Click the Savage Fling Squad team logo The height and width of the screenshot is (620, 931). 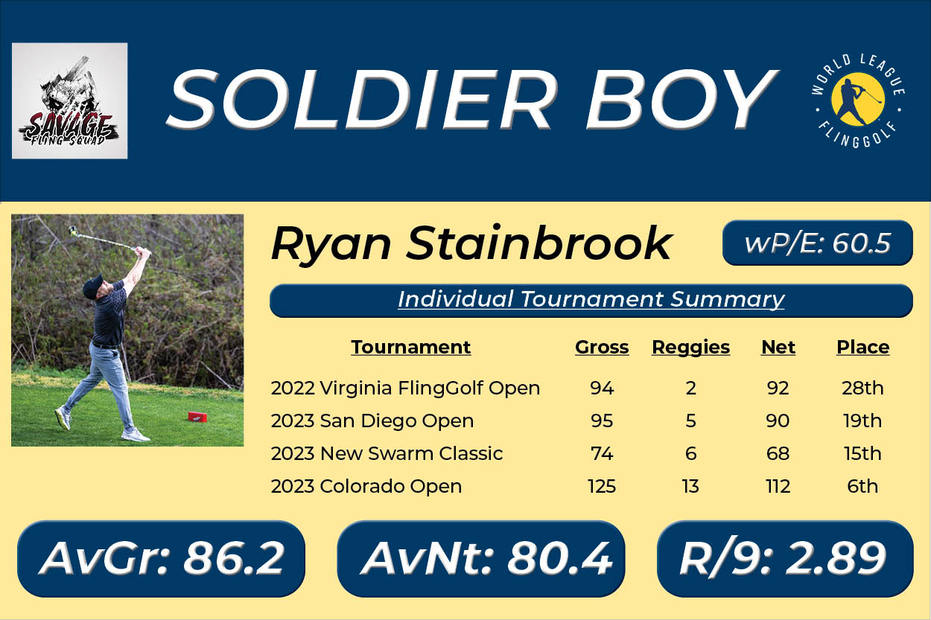click(69, 101)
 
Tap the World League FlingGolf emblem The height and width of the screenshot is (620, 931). click(858, 101)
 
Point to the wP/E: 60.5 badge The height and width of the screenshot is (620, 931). click(818, 243)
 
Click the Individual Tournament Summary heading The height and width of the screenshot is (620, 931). click(591, 300)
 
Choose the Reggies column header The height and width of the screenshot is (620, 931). click(690, 348)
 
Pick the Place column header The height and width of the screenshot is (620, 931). click(862, 347)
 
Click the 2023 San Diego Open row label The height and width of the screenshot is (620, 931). click(372, 421)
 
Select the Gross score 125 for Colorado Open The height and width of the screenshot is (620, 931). click(601, 486)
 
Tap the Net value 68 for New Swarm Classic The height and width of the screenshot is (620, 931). click(778, 453)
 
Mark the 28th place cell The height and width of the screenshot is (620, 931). click(862, 389)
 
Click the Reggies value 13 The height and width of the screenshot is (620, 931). click(690, 486)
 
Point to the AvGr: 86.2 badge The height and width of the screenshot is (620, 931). click(162, 559)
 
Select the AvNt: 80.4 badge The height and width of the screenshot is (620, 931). click(481, 559)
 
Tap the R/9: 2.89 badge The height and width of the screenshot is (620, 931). click(785, 559)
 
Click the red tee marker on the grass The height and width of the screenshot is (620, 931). click(197, 417)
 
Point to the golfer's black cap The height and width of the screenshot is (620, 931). click(92, 285)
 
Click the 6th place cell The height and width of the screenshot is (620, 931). click(862, 486)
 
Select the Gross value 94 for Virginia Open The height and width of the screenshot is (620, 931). click(602, 389)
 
